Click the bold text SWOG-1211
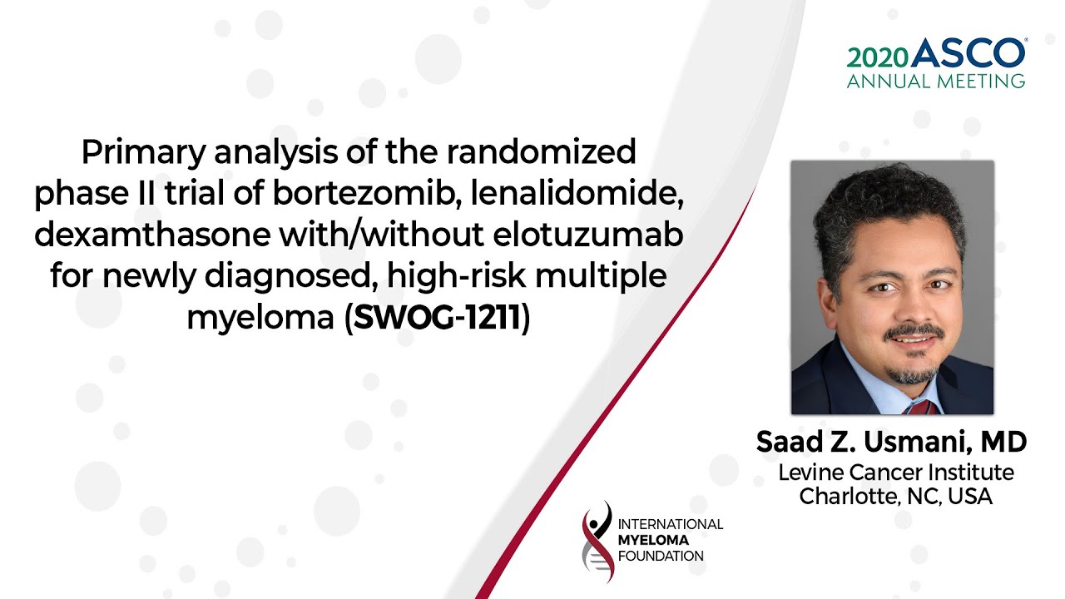tap(438, 318)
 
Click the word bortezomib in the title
tap(364, 194)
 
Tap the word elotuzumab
tap(588, 235)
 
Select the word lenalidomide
tap(577, 195)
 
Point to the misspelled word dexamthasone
tap(152, 235)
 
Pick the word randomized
tap(542, 151)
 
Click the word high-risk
tap(457, 275)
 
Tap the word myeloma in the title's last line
tap(260, 319)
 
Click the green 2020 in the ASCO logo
tap(877, 58)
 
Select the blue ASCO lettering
tap(968, 52)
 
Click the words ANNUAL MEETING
tap(936, 82)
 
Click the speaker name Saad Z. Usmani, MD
tap(891, 442)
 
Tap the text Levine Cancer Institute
tap(896, 473)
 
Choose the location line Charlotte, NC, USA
tap(896, 497)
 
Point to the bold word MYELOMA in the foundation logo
tap(653, 541)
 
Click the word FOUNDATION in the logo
tap(661, 557)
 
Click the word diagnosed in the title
tap(289, 277)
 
